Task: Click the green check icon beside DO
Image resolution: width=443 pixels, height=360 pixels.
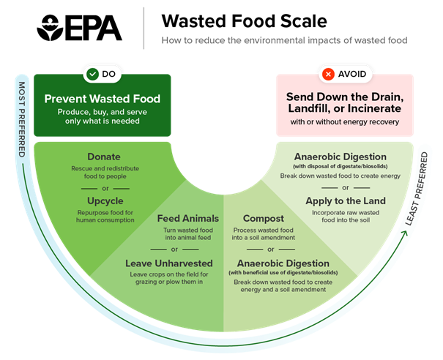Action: (x=92, y=74)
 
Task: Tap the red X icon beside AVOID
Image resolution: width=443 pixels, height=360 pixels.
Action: (x=330, y=74)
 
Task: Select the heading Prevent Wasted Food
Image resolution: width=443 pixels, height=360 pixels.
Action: (x=102, y=99)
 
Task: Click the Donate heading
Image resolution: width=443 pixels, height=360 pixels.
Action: (x=104, y=157)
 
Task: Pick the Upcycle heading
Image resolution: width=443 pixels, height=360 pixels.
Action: (x=105, y=200)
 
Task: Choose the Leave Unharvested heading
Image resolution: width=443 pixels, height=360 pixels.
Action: (x=169, y=263)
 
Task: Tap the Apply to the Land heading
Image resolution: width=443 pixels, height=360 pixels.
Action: (x=344, y=200)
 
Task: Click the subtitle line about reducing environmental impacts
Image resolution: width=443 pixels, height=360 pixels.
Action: (x=284, y=40)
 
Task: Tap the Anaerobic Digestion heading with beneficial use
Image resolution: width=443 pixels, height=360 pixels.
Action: (x=283, y=263)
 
